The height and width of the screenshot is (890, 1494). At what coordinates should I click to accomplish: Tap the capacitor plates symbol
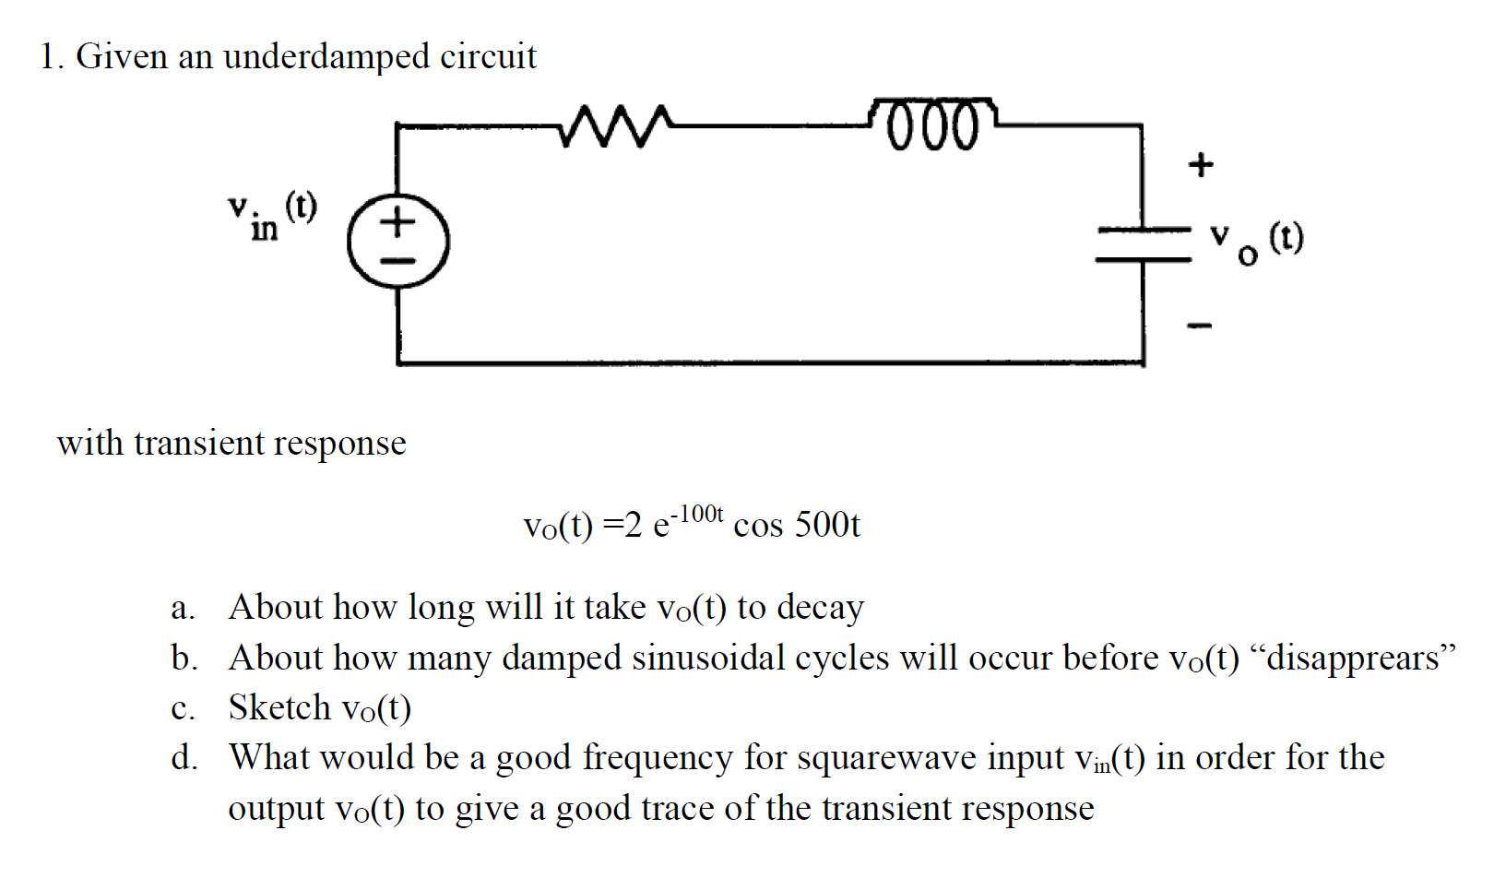1143,244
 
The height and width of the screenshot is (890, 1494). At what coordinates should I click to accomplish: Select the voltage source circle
398,243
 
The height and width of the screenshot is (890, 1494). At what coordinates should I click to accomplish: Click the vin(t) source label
273,215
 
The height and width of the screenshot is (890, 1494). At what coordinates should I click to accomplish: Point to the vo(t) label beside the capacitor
1258,241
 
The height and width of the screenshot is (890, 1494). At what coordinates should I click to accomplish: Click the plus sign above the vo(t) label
1200,165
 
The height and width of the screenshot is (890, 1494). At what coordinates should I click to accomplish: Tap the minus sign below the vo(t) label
1199,325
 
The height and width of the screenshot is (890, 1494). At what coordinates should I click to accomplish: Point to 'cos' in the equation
757,526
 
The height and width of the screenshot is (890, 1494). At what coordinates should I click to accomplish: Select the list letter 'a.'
183,609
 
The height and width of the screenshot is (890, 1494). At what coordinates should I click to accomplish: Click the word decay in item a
820,609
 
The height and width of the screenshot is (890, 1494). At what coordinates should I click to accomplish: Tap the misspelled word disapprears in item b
1353,659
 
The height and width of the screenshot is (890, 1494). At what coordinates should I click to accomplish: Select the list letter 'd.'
184,758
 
